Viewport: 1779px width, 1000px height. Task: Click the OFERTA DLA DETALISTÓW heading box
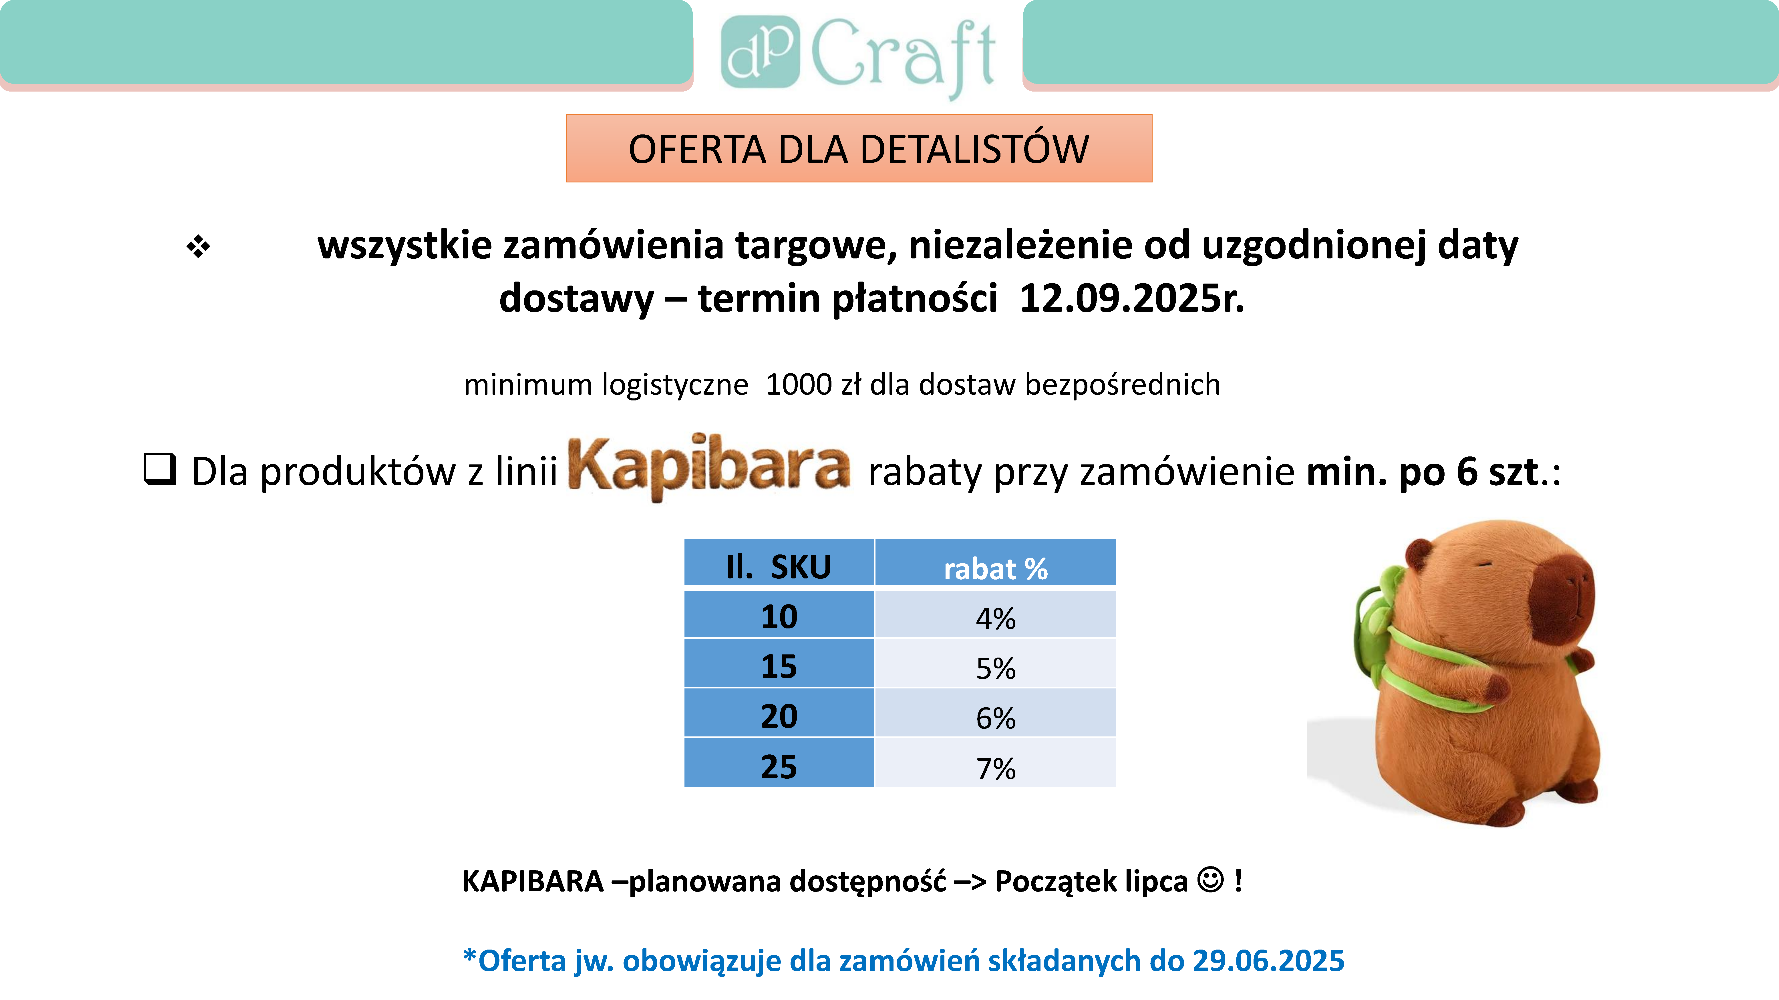858,148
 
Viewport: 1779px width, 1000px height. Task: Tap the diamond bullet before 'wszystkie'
198,246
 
